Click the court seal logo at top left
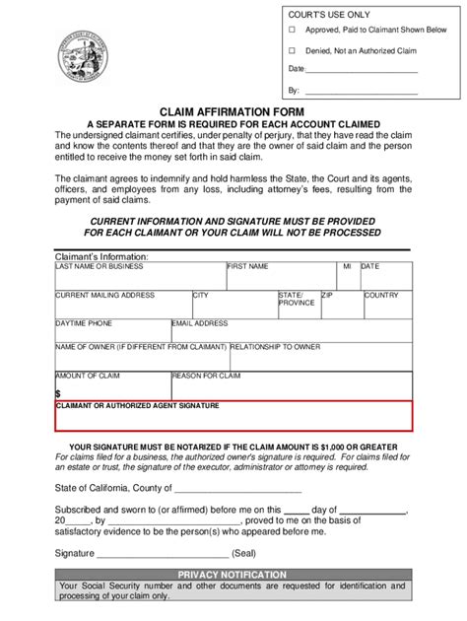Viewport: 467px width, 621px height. [x=83, y=53]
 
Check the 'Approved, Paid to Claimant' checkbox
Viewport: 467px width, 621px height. [x=292, y=31]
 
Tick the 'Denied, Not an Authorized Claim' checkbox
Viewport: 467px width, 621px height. [x=292, y=50]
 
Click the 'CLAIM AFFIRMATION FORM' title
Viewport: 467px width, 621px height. [x=232, y=111]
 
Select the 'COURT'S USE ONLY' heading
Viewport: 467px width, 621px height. [x=329, y=13]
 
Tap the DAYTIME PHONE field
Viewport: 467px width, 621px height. [x=112, y=334]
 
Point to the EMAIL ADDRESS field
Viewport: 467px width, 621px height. [x=291, y=334]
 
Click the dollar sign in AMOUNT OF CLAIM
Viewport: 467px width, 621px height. [x=58, y=393]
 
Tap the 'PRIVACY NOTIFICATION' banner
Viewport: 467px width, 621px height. [x=233, y=575]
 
